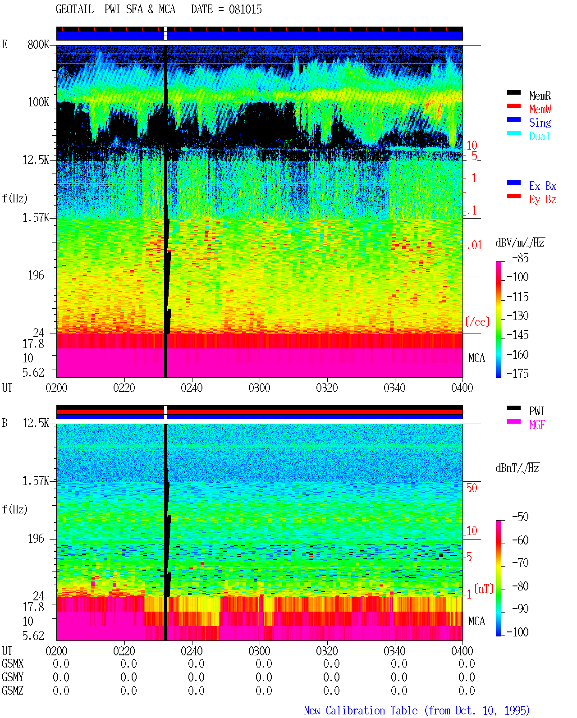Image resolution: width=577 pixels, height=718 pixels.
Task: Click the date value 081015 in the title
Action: pyautogui.click(x=245, y=9)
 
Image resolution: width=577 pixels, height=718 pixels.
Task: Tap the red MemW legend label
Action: pyautogui.click(x=540, y=109)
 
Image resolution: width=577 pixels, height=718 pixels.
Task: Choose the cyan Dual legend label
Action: pyautogui.click(x=539, y=136)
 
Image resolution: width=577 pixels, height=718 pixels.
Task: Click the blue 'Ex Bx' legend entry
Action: pyautogui.click(x=543, y=186)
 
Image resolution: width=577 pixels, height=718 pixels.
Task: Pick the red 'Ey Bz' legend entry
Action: pyautogui.click(x=543, y=200)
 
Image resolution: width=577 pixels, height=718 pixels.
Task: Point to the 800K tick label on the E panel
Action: pyautogui.click(x=38, y=44)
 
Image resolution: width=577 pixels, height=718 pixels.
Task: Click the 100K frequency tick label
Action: pyautogui.click(x=38, y=102)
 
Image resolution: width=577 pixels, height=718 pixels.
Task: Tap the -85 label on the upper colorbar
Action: pyautogui.click(x=520, y=258)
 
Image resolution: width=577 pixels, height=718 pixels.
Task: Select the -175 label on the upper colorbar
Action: pyautogui.click(x=517, y=373)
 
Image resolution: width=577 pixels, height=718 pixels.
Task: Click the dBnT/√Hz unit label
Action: pyautogui.click(x=517, y=468)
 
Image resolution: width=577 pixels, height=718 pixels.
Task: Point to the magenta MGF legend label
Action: pyautogui.click(x=537, y=425)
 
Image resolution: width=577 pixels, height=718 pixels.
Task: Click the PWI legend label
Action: pyautogui.click(x=536, y=411)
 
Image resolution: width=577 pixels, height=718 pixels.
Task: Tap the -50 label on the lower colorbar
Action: pyautogui.click(x=520, y=517)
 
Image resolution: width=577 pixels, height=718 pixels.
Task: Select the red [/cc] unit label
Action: pyautogui.click(x=477, y=322)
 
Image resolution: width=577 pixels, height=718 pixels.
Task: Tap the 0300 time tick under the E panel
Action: pyautogui.click(x=259, y=388)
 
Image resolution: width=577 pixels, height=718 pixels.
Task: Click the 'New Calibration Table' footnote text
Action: pyautogui.click(x=361, y=710)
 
